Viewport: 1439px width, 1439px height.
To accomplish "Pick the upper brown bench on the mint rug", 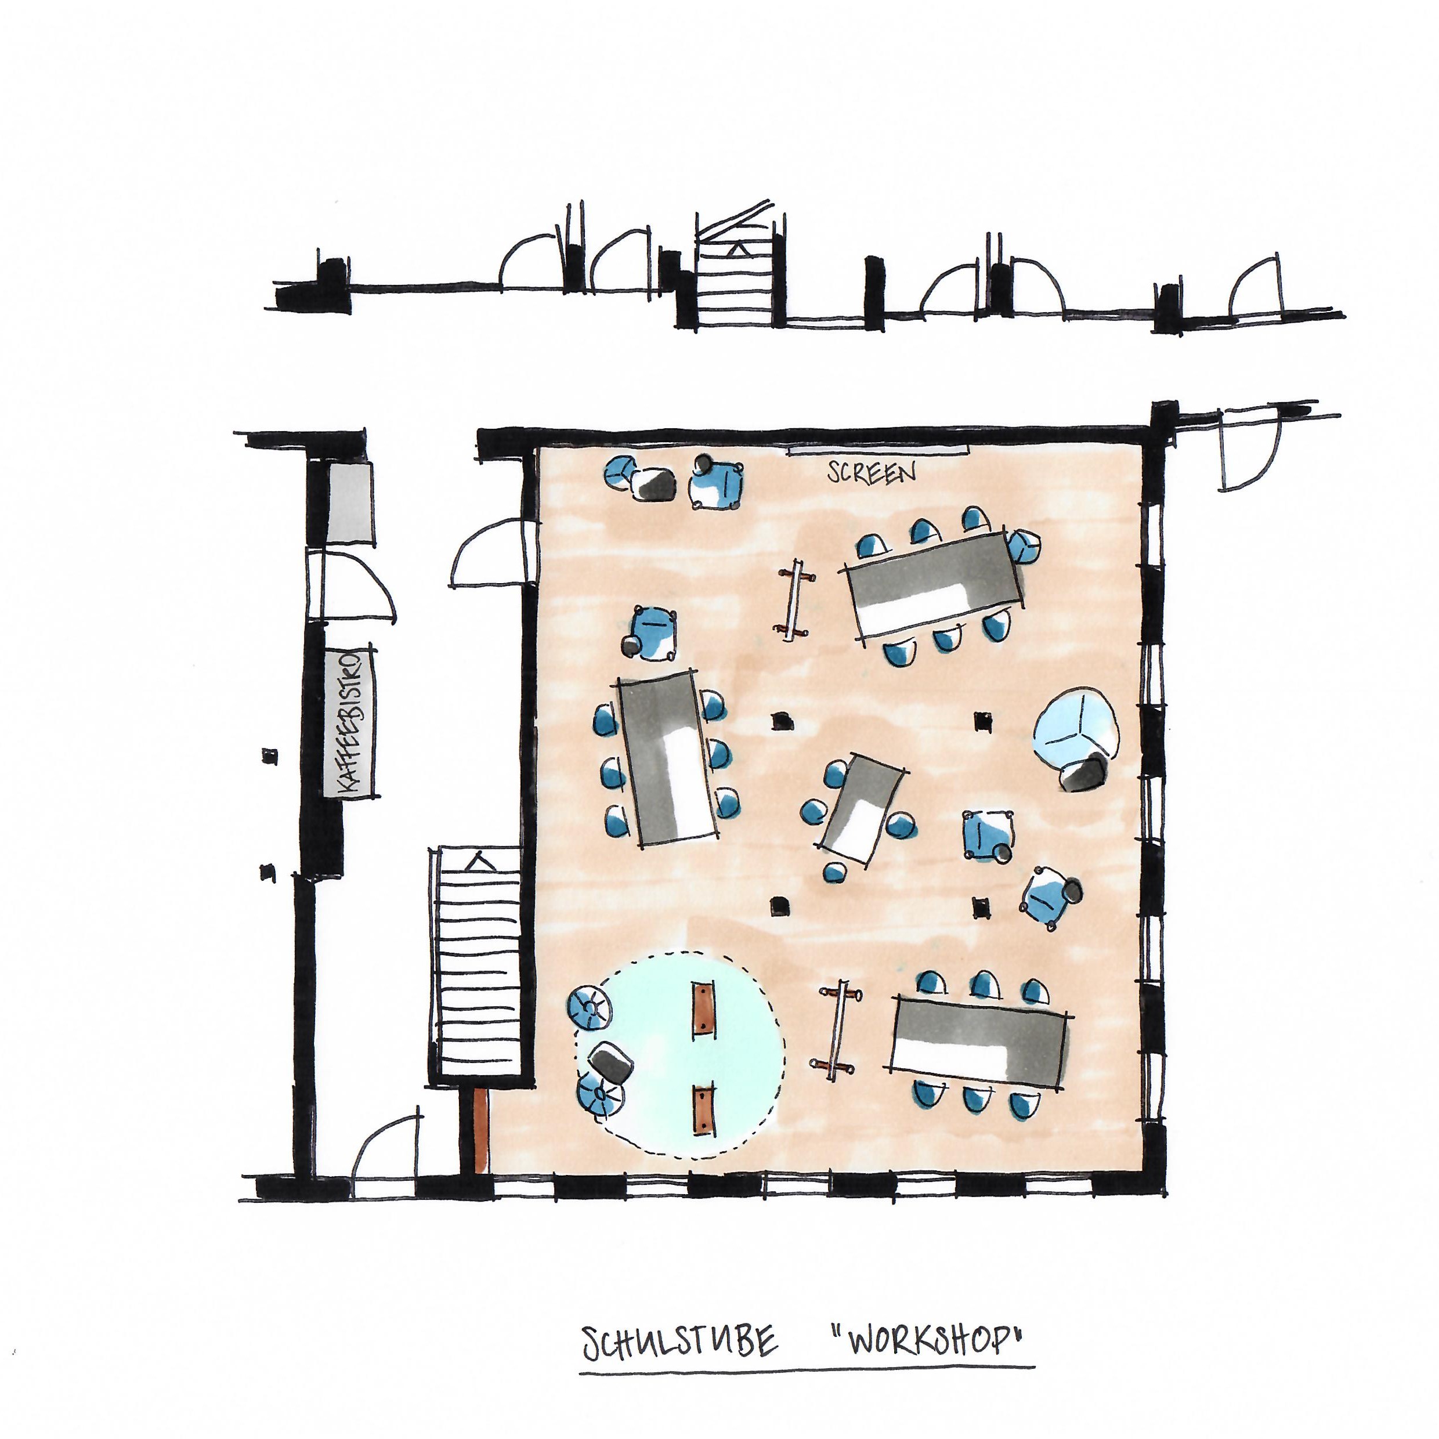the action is pos(702,1011).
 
